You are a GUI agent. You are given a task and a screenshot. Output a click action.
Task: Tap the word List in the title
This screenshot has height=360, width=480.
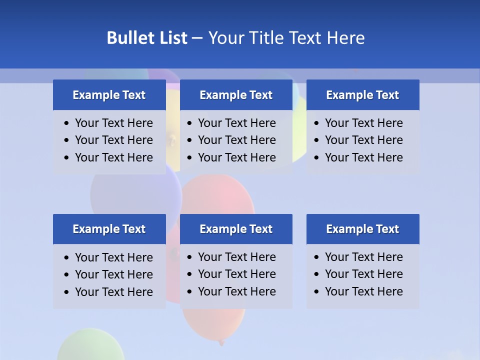coord(171,38)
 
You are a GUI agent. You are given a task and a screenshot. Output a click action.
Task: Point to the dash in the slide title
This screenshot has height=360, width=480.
coord(197,38)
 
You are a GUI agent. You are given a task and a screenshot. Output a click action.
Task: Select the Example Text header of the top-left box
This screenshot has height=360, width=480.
coord(109,95)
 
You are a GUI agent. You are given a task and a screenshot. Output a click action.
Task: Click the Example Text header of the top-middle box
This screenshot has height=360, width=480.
coord(236,95)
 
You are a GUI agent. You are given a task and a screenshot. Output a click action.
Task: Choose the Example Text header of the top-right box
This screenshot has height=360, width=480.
coord(362,95)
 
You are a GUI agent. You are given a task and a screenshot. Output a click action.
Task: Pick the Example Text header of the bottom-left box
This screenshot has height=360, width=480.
coord(109,229)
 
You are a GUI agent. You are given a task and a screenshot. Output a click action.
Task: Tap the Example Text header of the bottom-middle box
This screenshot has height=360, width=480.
coord(236,229)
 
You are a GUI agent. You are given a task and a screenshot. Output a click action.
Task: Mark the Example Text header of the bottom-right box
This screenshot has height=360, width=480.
coord(362,229)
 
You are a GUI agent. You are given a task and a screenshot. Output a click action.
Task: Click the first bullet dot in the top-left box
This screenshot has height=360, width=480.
coord(67,123)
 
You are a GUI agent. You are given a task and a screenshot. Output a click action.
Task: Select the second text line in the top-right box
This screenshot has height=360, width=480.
coord(363,140)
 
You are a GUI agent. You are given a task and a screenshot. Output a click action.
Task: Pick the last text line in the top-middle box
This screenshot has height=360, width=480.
coord(236,157)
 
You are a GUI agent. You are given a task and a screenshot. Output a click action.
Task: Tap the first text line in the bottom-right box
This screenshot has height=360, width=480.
coord(363,257)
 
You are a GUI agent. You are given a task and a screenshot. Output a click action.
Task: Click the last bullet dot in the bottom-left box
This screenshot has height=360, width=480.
coord(67,292)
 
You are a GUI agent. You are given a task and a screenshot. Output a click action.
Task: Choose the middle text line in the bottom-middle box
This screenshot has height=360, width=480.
coord(236,274)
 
